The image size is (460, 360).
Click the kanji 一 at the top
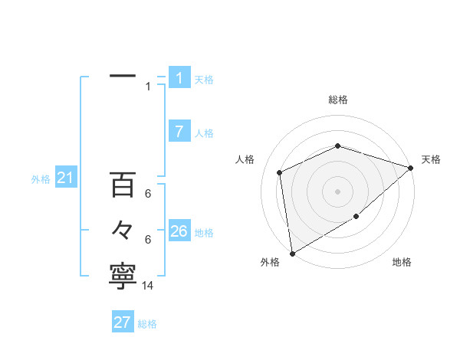(123, 77)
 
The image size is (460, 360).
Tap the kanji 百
(123, 185)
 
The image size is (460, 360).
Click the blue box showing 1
(179, 77)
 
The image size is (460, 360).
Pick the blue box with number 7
(179, 132)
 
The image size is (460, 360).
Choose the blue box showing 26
(179, 231)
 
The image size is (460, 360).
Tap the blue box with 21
(65, 178)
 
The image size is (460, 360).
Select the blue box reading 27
(123, 322)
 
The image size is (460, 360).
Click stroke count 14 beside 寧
(148, 285)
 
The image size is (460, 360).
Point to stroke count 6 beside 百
(148, 195)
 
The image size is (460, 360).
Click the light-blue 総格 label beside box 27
(147, 324)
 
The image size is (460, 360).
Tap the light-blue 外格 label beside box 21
(41, 180)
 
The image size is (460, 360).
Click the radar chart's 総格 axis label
(338, 100)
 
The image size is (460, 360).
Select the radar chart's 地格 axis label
(402, 263)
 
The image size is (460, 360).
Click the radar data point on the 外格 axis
(292, 253)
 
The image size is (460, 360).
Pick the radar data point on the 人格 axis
(280, 172)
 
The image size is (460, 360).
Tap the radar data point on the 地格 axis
(356, 217)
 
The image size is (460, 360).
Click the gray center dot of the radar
(338, 191)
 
